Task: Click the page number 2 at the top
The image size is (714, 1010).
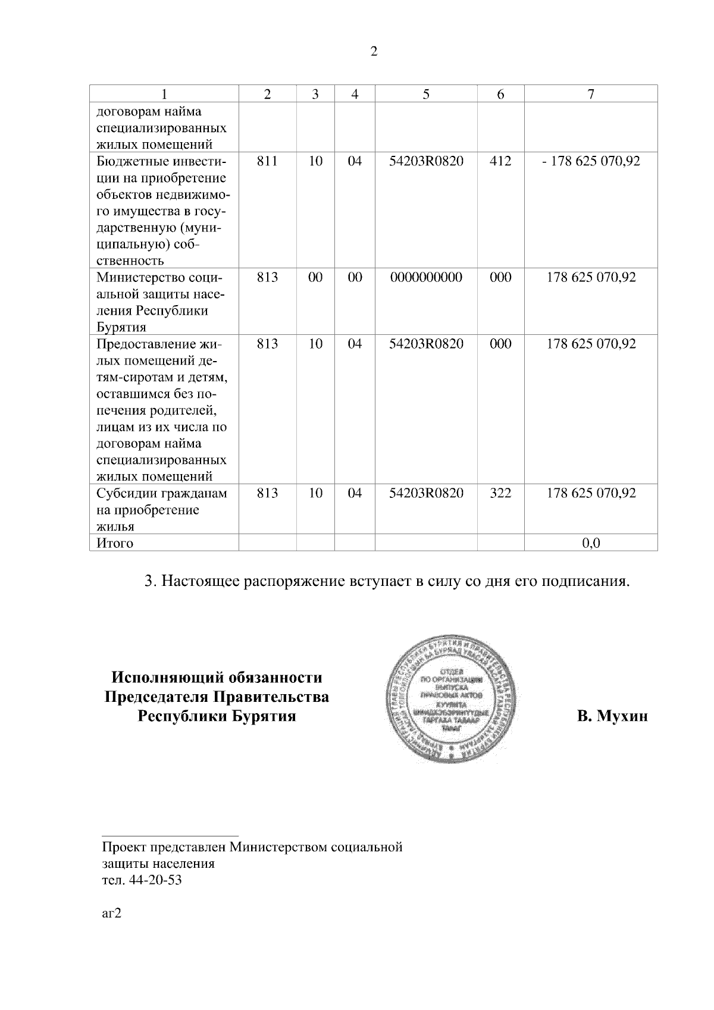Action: (x=374, y=52)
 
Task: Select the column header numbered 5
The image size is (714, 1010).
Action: (x=426, y=94)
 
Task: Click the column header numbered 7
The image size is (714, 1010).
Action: (x=591, y=94)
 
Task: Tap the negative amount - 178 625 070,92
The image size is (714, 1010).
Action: (x=591, y=161)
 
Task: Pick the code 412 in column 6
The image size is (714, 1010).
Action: (x=500, y=161)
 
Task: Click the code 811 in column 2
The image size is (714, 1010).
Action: (x=267, y=161)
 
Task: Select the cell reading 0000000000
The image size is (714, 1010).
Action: (x=426, y=278)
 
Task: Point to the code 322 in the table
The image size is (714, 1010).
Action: (x=500, y=493)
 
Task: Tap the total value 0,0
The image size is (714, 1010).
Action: (x=591, y=543)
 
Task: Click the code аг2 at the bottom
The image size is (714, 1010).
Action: (x=111, y=914)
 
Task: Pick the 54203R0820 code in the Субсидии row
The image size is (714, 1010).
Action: (x=426, y=493)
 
